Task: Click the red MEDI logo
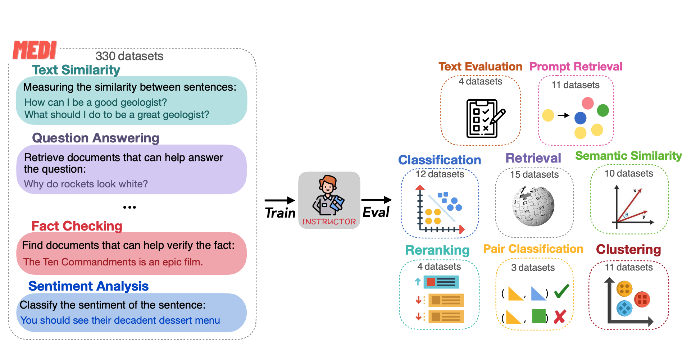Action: pos(35,50)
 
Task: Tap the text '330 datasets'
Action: pos(129,56)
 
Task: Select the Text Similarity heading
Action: pos(76,70)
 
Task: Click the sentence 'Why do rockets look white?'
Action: pos(86,184)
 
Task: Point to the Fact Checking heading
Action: pos(77,226)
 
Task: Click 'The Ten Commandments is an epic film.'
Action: pos(113,262)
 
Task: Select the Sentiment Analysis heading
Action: pos(88,286)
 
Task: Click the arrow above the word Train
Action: pos(279,200)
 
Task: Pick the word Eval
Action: pos(376,212)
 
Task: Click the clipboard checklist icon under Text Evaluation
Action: pos(484,118)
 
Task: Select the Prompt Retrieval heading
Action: pos(575,67)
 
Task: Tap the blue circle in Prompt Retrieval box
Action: pos(580,118)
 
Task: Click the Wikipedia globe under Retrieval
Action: pos(533,206)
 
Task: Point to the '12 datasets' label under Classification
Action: pos(440,174)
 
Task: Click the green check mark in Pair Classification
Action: pos(561,291)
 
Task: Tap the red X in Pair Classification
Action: pos(560,316)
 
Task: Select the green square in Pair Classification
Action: pos(539,316)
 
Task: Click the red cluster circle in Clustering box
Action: pos(642,299)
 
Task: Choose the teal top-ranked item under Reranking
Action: pos(441,282)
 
